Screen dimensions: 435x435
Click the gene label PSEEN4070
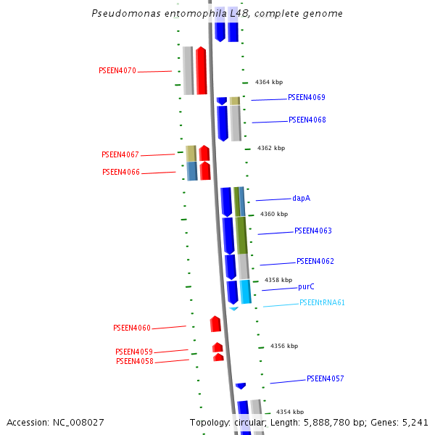tap(117, 71)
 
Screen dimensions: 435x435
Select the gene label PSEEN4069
tap(306, 97)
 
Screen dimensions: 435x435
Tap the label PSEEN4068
tap(307, 120)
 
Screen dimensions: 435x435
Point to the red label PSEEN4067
tap(120, 155)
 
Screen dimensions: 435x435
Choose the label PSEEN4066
tap(120, 173)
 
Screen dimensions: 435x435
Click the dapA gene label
tap(302, 198)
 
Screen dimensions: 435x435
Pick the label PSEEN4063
tap(312, 231)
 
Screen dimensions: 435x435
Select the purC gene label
tap(306, 287)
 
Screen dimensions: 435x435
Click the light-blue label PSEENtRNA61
tap(322, 303)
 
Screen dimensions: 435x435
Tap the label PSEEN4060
tap(132, 328)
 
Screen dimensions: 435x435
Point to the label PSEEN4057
tap(325, 379)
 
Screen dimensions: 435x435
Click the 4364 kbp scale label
tap(269, 83)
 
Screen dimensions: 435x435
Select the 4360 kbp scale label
tap(274, 215)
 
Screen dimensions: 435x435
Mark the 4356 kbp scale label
tap(284, 347)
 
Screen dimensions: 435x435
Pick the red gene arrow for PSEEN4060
tap(215, 324)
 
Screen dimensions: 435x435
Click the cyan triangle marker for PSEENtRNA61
tap(233, 309)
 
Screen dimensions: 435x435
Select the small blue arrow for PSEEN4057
tap(241, 386)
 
